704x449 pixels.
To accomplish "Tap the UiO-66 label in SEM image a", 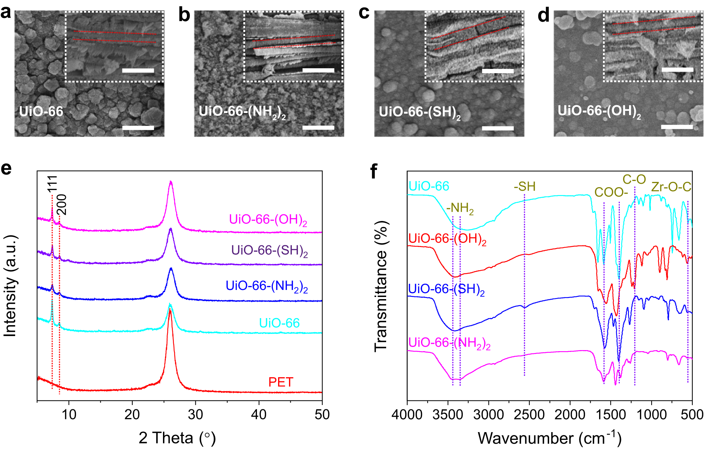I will pyautogui.click(x=41, y=112).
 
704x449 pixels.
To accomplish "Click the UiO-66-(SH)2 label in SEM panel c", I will pyautogui.click(x=419, y=112).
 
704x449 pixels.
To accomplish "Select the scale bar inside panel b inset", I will pyautogui.click(x=318, y=70).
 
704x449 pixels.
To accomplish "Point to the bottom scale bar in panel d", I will pyautogui.click(x=677, y=127).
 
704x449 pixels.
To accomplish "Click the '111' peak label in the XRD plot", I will pyautogui.click(x=52, y=184).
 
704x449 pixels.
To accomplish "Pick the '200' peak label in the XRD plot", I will pyautogui.click(x=62, y=204).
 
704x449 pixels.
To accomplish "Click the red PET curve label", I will pyautogui.click(x=281, y=382).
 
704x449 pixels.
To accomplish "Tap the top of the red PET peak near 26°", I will pyautogui.click(x=170, y=310).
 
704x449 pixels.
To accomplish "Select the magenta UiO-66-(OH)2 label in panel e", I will pyautogui.click(x=268, y=220).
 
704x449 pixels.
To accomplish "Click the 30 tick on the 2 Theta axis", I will pyautogui.click(x=195, y=415).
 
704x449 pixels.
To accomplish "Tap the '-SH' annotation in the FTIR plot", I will pyautogui.click(x=524, y=186).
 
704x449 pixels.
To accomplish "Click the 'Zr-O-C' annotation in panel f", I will pyautogui.click(x=671, y=187).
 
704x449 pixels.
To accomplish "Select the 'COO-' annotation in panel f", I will pyautogui.click(x=611, y=192).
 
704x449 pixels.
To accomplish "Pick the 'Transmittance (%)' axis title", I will pyautogui.click(x=381, y=286).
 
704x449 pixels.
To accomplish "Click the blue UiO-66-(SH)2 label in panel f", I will pyautogui.click(x=446, y=289).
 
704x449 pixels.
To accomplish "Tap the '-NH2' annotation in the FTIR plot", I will pyautogui.click(x=460, y=208).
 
